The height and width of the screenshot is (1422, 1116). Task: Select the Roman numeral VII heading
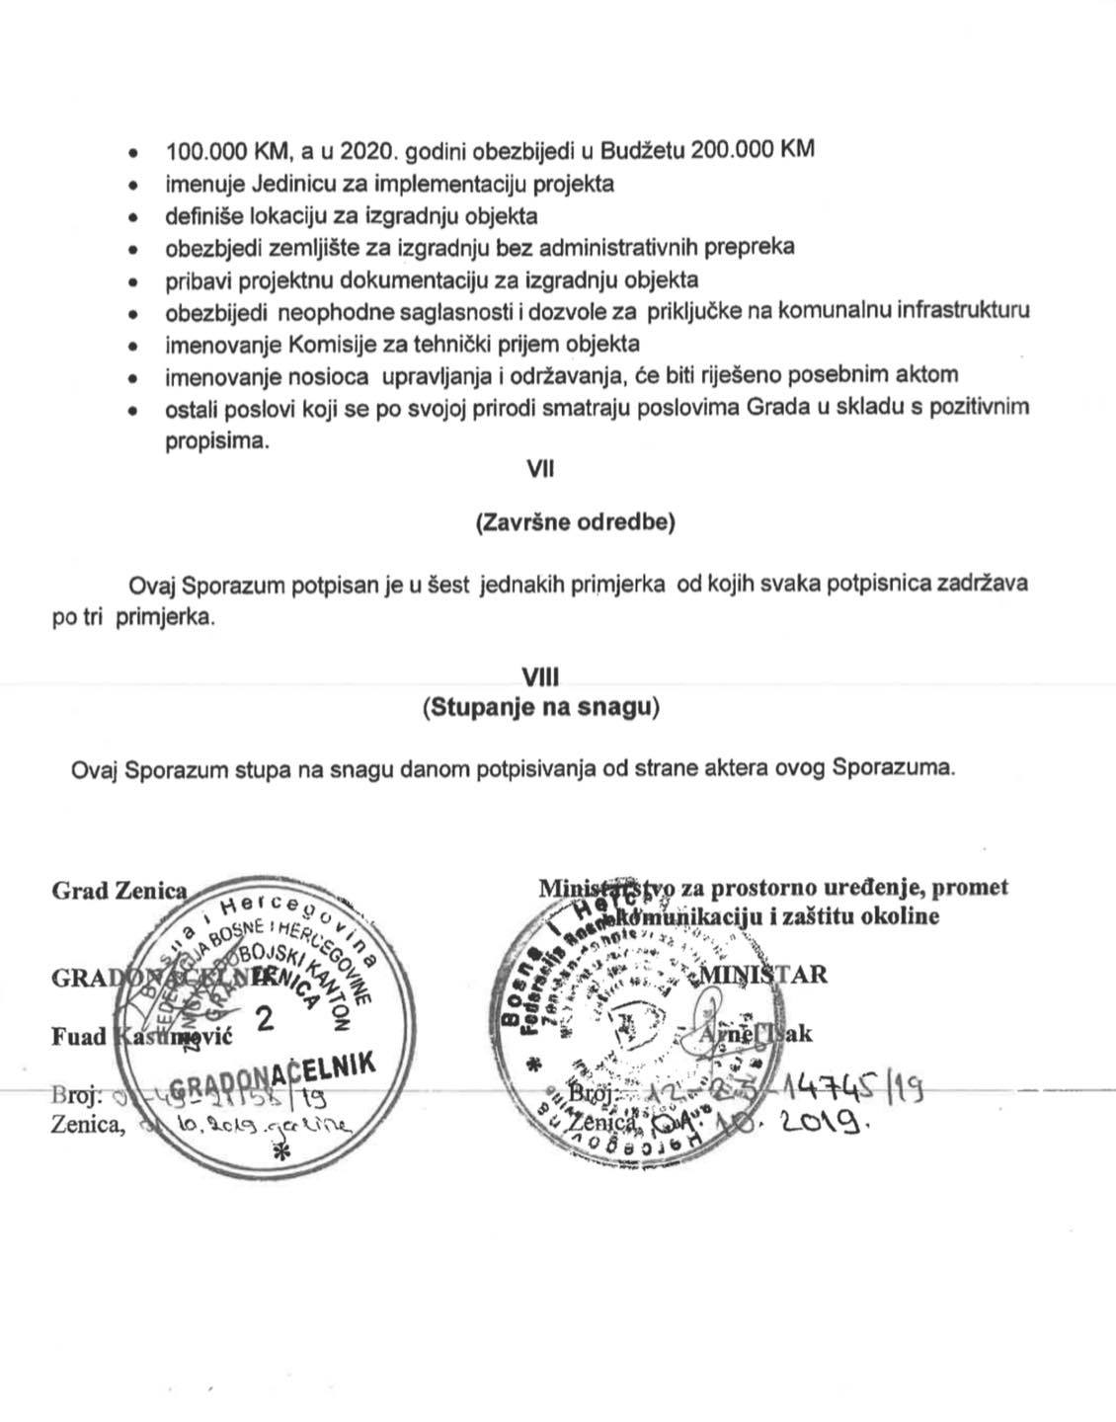[x=541, y=469]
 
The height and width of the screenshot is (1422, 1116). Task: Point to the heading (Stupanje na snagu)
[x=540, y=708]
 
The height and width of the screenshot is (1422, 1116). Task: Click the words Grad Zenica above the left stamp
[x=119, y=890]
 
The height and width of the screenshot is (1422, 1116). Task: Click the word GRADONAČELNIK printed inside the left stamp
[x=275, y=1077]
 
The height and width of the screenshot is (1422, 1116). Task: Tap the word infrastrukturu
[x=963, y=311]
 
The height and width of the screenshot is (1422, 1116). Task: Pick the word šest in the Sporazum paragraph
[x=452, y=583]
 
